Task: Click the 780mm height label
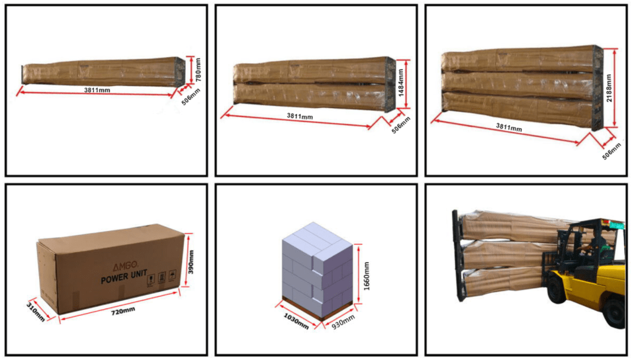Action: pyautogui.click(x=198, y=69)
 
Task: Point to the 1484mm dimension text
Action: pyautogui.click(x=401, y=82)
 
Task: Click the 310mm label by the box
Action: pyautogui.click(x=35, y=312)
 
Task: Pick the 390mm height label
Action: pyautogui.click(x=191, y=261)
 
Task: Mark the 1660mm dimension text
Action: pyautogui.click(x=367, y=276)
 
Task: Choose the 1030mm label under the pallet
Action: pyautogui.click(x=296, y=321)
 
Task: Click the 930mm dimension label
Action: pyautogui.click(x=343, y=322)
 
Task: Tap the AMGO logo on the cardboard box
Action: pyautogui.click(x=125, y=266)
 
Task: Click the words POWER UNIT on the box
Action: pyautogui.click(x=124, y=277)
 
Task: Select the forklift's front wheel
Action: pyautogui.click(x=557, y=289)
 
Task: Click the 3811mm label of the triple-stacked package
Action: pyautogui.click(x=509, y=128)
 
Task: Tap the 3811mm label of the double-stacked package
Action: pyautogui.click(x=300, y=116)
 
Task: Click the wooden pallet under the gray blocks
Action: pyautogui.click(x=316, y=309)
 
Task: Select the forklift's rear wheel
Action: pyautogui.click(x=615, y=312)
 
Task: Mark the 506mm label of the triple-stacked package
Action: pyautogui.click(x=612, y=151)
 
